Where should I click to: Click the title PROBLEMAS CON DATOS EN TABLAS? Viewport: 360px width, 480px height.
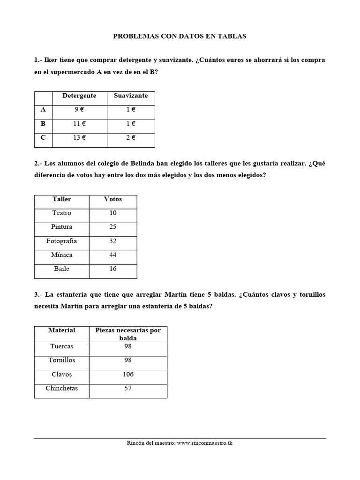(x=180, y=36)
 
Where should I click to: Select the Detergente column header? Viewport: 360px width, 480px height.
(x=79, y=96)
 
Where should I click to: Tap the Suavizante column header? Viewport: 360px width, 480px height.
(x=131, y=96)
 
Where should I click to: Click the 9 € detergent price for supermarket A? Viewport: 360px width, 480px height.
(x=79, y=110)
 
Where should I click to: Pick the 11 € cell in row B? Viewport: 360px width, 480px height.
(x=79, y=124)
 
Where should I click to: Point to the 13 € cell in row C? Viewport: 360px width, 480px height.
(x=79, y=138)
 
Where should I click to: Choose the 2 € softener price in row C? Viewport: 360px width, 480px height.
(x=131, y=138)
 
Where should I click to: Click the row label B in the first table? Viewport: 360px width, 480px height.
(x=43, y=124)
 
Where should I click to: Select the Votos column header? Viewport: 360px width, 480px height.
(x=112, y=199)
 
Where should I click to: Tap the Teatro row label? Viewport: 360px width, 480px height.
(x=61, y=213)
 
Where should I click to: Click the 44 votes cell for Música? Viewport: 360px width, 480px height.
(x=112, y=255)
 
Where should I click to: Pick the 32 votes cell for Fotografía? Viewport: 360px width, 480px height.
(x=112, y=241)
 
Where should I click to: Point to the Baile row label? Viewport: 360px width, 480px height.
(x=61, y=269)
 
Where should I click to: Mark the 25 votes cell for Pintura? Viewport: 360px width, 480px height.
(x=112, y=227)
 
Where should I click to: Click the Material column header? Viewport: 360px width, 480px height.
(x=61, y=330)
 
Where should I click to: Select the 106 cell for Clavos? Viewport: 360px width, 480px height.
(x=127, y=375)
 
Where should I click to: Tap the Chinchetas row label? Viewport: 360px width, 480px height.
(x=61, y=389)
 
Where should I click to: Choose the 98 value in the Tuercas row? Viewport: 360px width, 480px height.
(x=127, y=346)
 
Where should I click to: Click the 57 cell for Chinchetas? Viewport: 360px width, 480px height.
(x=127, y=389)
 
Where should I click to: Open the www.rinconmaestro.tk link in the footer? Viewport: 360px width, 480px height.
(x=205, y=443)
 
